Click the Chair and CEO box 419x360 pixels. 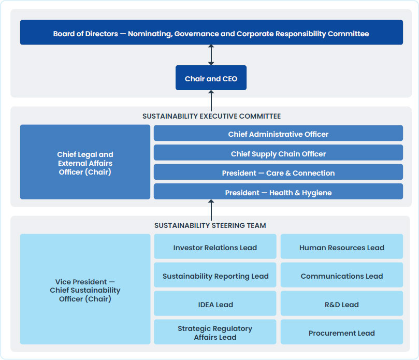point(211,78)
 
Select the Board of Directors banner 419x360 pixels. point(211,33)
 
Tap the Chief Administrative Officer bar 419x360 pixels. point(278,134)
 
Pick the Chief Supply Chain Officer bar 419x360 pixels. point(278,153)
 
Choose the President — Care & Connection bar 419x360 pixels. point(278,172)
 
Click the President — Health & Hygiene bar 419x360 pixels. point(278,192)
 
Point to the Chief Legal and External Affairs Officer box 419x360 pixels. point(85,162)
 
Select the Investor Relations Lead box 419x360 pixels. point(215,247)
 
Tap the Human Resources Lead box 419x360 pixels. point(342,247)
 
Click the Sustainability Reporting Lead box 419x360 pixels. point(215,276)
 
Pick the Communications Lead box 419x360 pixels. point(342,276)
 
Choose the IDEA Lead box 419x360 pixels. point(215,304)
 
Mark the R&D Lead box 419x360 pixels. point(342,304)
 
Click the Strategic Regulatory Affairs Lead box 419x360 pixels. point(215,333)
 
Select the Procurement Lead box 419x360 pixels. point(342,333)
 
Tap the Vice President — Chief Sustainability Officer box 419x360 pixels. point(85,290)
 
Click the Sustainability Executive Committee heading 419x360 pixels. point(211,116)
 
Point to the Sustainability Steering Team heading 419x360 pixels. point(210,225)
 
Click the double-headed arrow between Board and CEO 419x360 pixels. point(211,55)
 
